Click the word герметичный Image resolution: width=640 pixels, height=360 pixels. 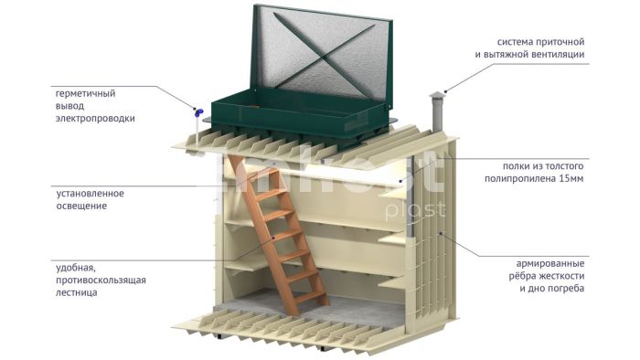click(85, 94)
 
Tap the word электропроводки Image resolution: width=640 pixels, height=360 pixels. click(95, 119)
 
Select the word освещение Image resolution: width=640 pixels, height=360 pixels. click(81, 206)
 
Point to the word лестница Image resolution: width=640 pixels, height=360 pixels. click(77, 292)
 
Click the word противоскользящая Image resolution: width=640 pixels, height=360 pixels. click(101, 281)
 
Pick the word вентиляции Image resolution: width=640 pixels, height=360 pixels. click(559, 55)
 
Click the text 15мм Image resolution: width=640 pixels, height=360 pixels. click(571, 178)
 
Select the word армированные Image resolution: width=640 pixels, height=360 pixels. click(550, 264)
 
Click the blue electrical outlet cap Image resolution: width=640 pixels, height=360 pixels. click(198, 112)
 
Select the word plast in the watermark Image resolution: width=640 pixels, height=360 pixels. click(415, 210)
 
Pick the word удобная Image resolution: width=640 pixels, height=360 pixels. click(76, 269)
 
